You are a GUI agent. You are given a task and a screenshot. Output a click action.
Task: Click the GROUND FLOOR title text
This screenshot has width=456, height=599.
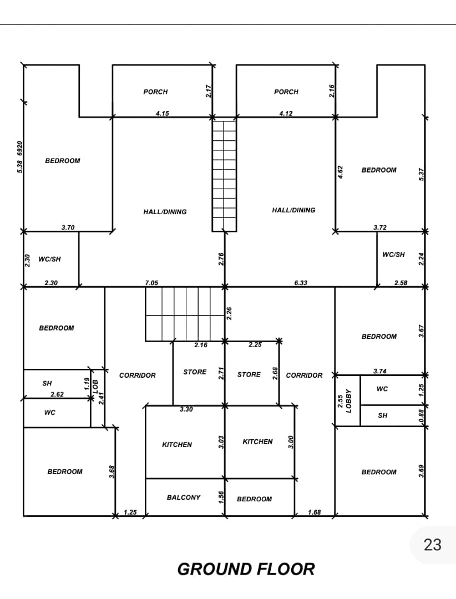246,569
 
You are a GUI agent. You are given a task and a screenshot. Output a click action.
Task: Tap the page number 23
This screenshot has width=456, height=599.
432,545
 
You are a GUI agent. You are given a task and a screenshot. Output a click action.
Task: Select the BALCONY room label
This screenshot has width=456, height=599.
184,498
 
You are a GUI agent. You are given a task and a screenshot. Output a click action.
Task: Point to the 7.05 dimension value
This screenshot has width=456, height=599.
151,283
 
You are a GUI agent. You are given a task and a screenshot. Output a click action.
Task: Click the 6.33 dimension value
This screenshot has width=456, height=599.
301,283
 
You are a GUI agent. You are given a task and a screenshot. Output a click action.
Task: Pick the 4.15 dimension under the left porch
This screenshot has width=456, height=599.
163,114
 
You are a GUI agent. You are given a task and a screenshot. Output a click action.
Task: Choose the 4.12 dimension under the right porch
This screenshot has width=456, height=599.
286,114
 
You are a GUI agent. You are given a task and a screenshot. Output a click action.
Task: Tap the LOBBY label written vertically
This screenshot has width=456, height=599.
348,401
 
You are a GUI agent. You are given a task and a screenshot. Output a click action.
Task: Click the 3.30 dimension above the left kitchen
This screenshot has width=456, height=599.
186,409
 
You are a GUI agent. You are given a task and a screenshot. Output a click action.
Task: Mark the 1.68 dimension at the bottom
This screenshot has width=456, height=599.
314,512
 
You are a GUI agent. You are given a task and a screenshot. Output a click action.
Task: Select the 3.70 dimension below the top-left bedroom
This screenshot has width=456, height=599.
68,228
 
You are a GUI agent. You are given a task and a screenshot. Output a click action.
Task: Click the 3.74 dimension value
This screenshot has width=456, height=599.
380,371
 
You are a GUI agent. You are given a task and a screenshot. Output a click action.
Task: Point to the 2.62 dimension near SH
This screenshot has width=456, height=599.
57,394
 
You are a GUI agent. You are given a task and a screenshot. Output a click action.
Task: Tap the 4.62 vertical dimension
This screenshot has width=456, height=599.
340,172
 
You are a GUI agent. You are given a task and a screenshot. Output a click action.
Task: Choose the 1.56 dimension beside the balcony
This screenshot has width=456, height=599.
221,498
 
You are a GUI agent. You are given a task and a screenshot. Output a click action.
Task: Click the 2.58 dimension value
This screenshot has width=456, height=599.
401,283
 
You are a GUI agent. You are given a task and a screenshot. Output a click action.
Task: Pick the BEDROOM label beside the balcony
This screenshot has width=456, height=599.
254,499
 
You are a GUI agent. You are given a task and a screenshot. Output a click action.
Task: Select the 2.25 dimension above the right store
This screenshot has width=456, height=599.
255,344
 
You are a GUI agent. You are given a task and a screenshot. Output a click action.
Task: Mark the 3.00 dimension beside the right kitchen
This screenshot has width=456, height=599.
291,442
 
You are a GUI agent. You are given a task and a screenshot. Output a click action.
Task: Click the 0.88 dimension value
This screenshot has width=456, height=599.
421,416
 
